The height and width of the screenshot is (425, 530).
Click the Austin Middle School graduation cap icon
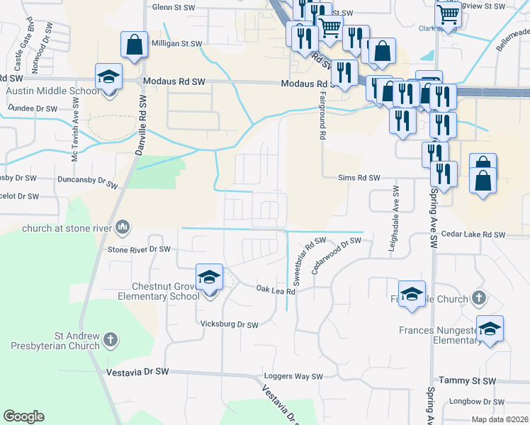pos(108,76)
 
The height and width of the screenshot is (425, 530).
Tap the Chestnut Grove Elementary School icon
pos(209,278)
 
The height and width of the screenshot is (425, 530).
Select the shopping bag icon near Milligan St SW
pos(134,45)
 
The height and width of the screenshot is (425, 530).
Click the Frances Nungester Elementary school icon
pos(490,329)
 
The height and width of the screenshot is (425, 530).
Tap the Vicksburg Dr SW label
pos(229,324)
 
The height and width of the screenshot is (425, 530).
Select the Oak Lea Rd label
pos(275,289)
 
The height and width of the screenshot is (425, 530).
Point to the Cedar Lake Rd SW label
pos(473,234)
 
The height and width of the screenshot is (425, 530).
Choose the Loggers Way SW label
pos(293,377)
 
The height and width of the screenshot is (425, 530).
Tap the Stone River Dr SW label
pos(140,249)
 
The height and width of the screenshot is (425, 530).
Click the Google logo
pos(23,416)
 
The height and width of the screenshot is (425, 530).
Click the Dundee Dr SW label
pos(33,109)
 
